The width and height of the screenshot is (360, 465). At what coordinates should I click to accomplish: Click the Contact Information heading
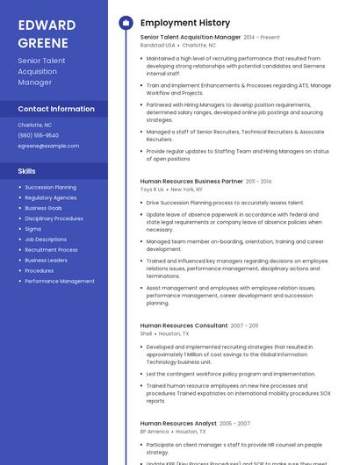coord(56,109)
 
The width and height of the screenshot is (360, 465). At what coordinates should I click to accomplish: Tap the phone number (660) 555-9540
coord(39,135)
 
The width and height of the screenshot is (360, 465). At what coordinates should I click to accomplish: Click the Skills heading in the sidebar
coord(27,171)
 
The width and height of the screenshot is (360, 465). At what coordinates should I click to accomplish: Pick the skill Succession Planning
coord(50,187)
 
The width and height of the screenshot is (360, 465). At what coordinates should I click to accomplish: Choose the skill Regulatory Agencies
coord(50,197)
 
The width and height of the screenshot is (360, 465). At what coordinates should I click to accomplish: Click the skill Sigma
coord(32,229)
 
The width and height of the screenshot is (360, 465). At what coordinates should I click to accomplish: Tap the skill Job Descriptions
coord(46,240)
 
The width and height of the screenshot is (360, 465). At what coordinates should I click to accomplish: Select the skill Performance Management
coord(60,281)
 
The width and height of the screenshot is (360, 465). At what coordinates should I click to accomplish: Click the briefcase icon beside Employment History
coord(125,23)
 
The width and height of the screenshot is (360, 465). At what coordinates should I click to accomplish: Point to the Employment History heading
coord(185,23)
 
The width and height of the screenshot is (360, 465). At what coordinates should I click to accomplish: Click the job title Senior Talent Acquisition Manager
coord(190,38)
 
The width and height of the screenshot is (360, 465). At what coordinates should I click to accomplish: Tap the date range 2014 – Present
coord(262,38)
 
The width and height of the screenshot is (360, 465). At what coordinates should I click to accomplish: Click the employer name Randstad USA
coord(157,45)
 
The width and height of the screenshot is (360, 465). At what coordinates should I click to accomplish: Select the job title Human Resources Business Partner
coord(191,181)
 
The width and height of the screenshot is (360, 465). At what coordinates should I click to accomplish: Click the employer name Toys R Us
coord(152,189)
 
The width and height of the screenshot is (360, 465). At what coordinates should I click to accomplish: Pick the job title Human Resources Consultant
coord(184,325)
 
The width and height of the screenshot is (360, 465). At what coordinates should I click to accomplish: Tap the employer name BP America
coord(155,432)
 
